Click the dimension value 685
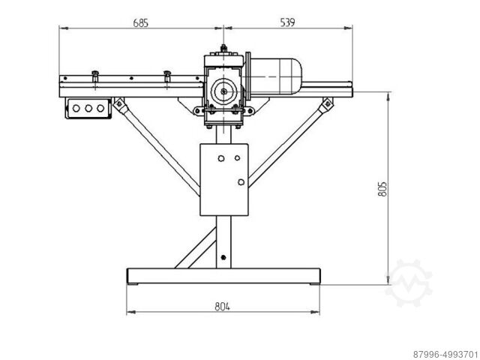click(x=141, y=22)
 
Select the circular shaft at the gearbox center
click(x=223, y=93)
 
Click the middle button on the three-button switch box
click(x=88, y=108)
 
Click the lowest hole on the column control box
click(x=240, y=182)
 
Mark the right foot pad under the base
click(x=313, y=284)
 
